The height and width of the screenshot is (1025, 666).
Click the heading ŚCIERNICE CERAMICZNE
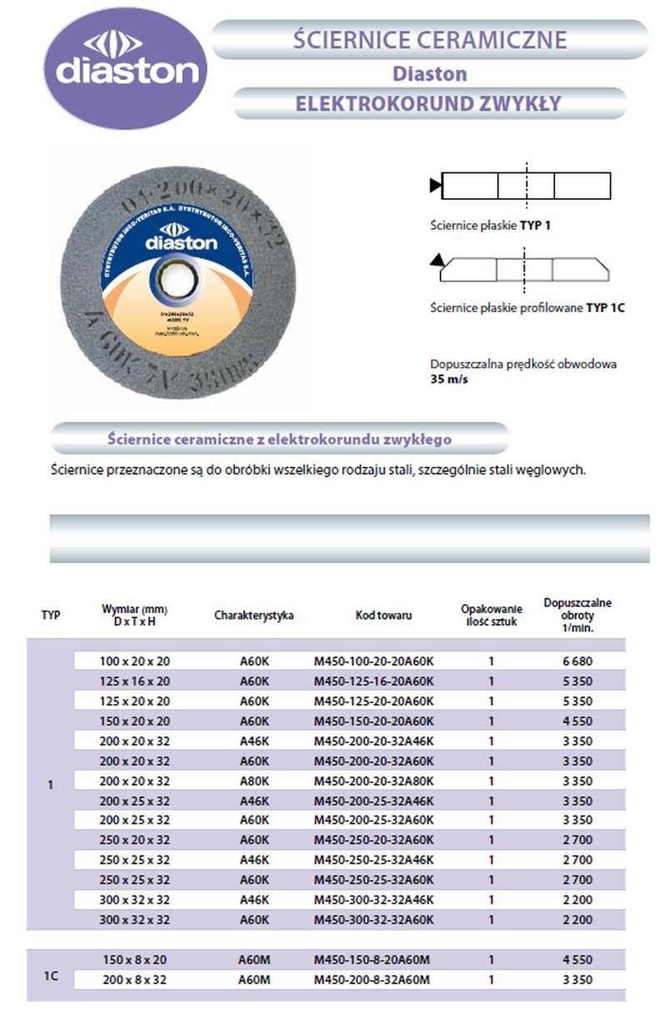430,39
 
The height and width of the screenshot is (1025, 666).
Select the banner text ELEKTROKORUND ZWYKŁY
428,104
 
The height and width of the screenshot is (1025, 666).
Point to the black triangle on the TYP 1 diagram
435,186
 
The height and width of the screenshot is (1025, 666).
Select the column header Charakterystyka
254,616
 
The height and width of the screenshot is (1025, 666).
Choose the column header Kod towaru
383,616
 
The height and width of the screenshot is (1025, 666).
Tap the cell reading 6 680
577,661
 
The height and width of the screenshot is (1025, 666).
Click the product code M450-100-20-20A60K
374,661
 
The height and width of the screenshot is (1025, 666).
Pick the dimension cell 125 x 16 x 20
135,681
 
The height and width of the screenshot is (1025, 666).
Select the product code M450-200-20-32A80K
374,781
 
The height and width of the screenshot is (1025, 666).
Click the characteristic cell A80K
254,781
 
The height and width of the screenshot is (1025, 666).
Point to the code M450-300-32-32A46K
374,900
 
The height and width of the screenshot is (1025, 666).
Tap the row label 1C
51,969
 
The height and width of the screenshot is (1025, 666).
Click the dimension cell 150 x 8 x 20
135,959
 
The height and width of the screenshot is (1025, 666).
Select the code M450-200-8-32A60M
372,980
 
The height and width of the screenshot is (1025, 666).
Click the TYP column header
51,616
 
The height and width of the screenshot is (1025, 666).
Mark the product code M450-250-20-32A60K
374,840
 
